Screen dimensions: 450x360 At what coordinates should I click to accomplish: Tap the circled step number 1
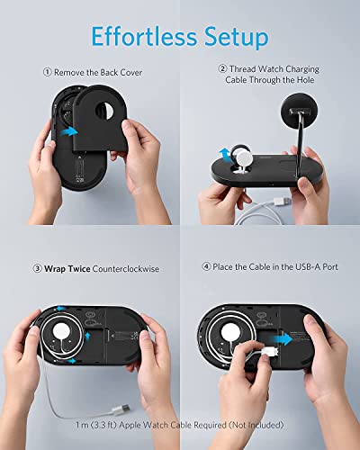click(x=47, y=72)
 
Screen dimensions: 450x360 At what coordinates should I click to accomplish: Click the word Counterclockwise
click(x=121, y=268)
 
